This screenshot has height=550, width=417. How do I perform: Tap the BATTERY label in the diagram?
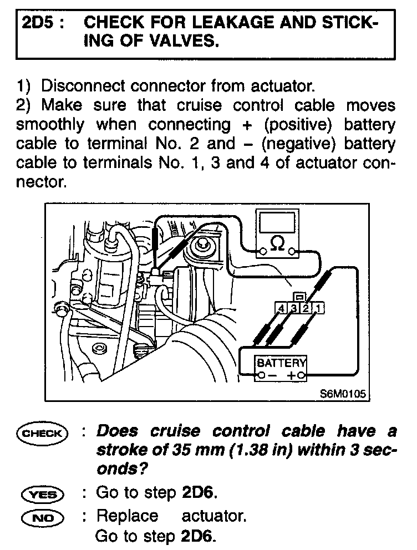pos(281,363)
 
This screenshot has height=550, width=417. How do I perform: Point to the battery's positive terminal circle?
pos(301,376)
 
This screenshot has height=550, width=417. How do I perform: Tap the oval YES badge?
pos(42,493)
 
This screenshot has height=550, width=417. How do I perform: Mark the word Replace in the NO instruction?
pos(127,516)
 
